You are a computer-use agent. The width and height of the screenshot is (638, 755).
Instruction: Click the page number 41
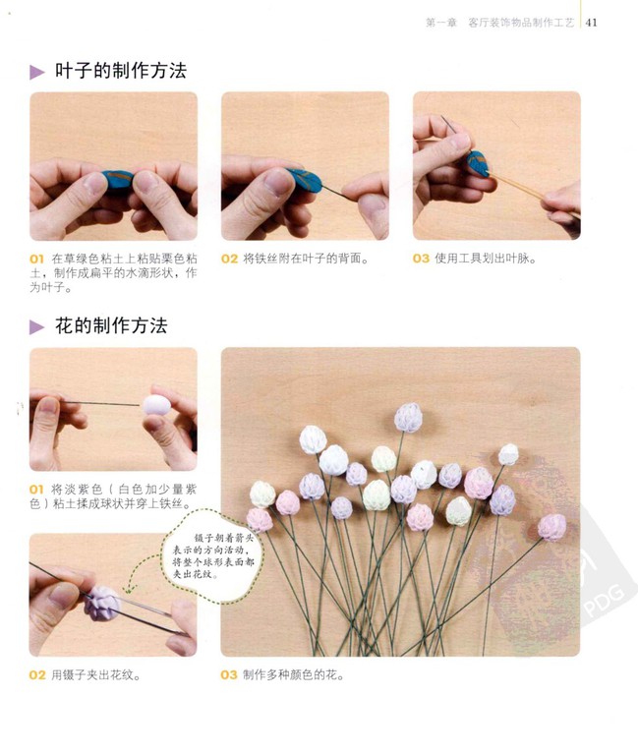[x=591, y=23]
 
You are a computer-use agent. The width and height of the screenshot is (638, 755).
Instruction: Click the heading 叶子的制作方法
[x=120, y=71]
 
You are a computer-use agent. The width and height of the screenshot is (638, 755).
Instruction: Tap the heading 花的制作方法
[x=111, y=326]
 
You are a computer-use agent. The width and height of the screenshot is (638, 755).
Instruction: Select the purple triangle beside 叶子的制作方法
[x=37, y=72]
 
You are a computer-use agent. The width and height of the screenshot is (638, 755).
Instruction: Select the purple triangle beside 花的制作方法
[x=37, y=327]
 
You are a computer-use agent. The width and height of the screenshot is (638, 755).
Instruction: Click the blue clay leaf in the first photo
[x=118, y=179]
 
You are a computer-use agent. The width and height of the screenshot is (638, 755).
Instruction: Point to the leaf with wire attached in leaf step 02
[x=305, y=179]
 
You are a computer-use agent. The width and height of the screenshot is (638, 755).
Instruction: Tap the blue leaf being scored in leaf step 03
[x=477, y=163]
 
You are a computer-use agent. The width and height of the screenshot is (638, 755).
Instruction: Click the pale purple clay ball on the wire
[x=156, y=405]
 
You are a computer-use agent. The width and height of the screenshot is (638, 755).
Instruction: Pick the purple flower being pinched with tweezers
[x=102, y=604]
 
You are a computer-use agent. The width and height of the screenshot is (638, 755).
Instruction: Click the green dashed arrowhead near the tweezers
[x=128, y=590]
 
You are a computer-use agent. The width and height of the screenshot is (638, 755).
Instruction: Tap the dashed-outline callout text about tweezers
[x=212, y=555]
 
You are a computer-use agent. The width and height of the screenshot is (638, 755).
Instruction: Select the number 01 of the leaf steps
[x=36, y=260]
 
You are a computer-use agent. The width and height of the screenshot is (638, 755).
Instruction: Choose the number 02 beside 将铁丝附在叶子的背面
[x=229, y=260]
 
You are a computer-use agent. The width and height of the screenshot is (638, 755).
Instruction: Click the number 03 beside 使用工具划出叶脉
[x=421, y=259]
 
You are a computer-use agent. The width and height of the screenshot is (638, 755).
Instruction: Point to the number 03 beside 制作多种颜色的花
[x=229, y=675]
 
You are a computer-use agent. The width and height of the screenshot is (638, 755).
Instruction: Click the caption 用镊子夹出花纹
[x=95, y=675]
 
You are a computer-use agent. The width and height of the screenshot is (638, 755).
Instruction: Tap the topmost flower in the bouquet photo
[x=408, y=418]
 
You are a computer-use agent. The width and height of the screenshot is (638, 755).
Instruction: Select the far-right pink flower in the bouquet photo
[x=551, y=527]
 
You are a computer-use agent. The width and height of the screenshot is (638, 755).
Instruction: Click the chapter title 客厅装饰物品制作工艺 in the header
[x=521, y=23]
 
